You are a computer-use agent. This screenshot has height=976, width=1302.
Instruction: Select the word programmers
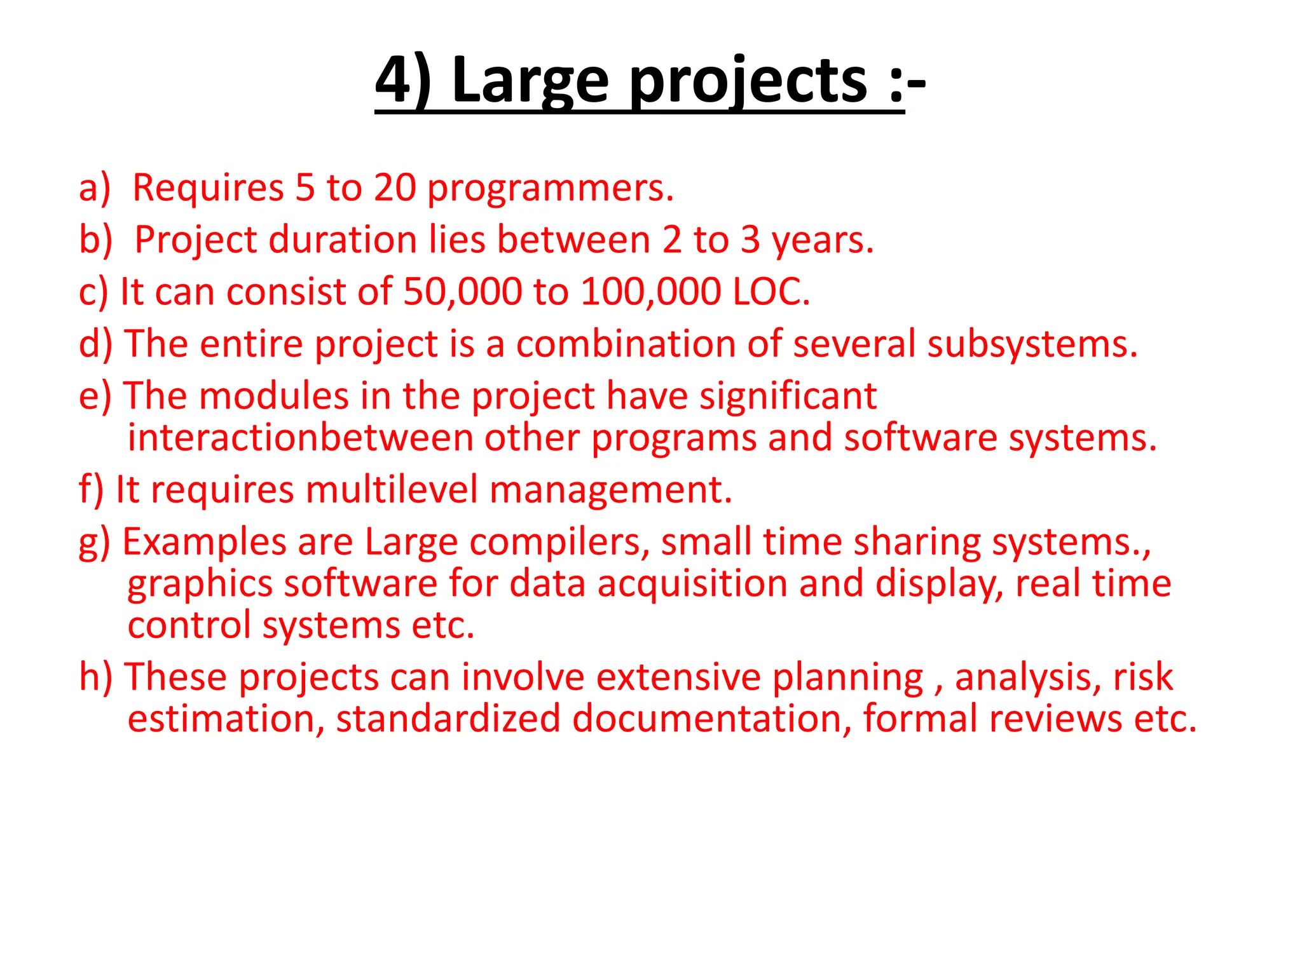(549, 189)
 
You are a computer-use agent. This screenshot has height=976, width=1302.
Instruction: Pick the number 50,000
(463, 292)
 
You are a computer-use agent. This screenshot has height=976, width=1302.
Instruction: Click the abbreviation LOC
(771, 292)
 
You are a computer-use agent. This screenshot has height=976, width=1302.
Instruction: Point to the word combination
(626, 344)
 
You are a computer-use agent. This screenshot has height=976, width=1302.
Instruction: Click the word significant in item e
(788, 396)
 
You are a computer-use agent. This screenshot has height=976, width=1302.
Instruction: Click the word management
(610, 491)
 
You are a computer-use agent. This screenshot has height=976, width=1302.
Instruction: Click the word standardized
(448, 719)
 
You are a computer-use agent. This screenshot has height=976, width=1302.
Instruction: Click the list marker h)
(95, 677)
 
